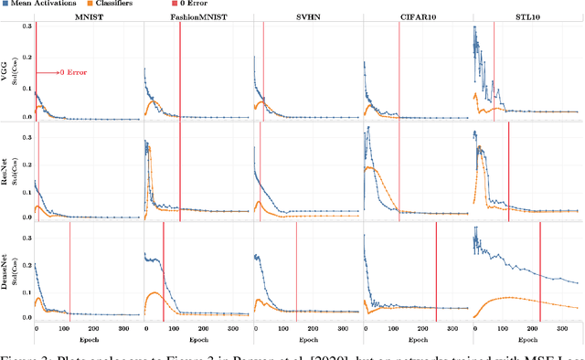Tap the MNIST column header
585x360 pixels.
point(88,17)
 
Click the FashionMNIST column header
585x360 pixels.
point(197,17)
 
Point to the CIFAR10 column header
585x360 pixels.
point(417,17)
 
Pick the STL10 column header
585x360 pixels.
point(526,17)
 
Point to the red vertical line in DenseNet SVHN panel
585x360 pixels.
point(296,274)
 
